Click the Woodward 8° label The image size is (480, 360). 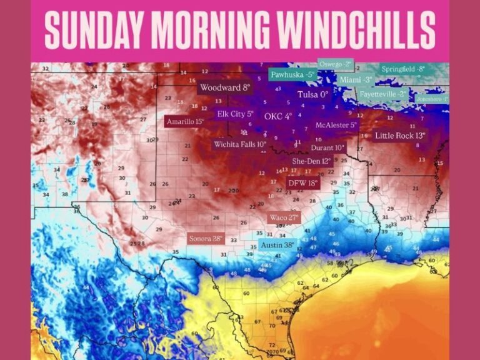point(226,88)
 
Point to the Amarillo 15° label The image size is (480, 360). point(185,122)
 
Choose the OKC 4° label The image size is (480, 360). point(278,116)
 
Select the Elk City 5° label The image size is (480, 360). point(236,114)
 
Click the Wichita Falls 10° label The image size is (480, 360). point(240,144)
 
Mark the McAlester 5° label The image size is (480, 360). point(336,125)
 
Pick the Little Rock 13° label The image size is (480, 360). point(400,136)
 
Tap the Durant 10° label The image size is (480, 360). point(327,148)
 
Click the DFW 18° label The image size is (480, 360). point(303,183)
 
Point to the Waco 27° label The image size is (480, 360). point(284,217)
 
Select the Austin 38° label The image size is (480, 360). point(277,245)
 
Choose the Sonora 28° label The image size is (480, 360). point(206,239)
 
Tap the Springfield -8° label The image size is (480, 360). point(403,69)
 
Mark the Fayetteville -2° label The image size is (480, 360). point(382,94)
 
